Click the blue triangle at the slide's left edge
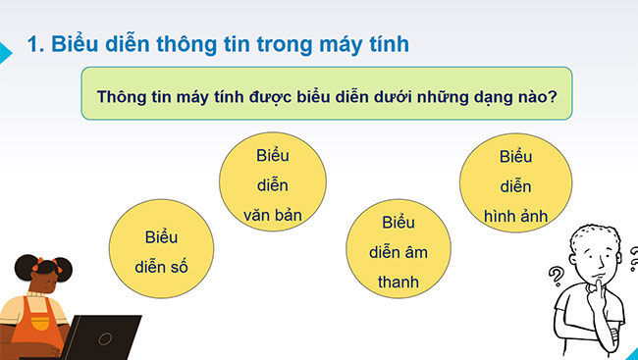tap(5, 55)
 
